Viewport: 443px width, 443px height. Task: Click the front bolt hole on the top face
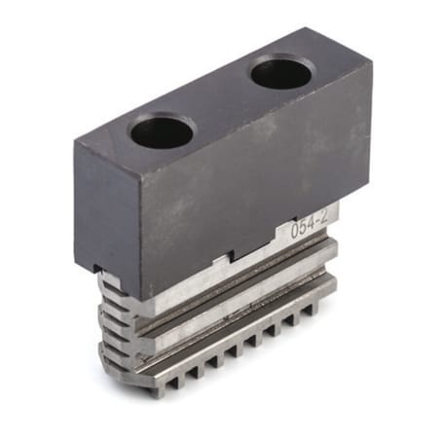pos(163,131)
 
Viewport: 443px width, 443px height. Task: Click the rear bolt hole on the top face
pos(281,72)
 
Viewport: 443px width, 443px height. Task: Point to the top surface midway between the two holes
pos(222,101)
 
